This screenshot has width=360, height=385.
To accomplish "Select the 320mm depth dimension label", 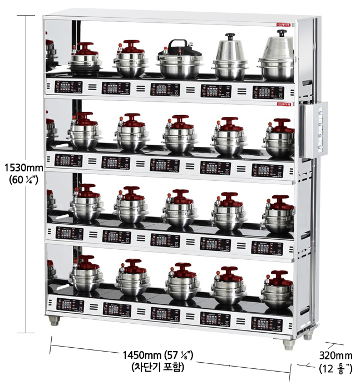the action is coord(336,356).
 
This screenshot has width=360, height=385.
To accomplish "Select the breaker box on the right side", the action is coord(313,129).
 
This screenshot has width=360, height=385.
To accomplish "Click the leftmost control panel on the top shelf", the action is coord(69,87).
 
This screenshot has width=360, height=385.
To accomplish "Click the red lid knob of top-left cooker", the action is coord(85,46).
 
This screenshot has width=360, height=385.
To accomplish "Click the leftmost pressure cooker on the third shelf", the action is coord(85,203).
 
